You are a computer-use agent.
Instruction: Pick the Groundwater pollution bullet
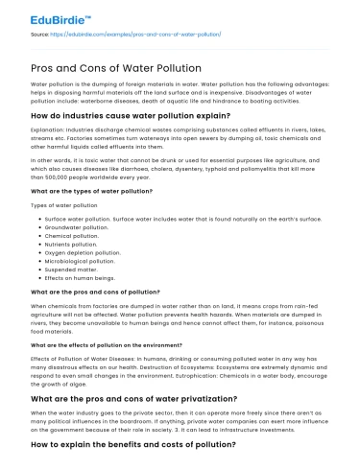click(77, 226)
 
